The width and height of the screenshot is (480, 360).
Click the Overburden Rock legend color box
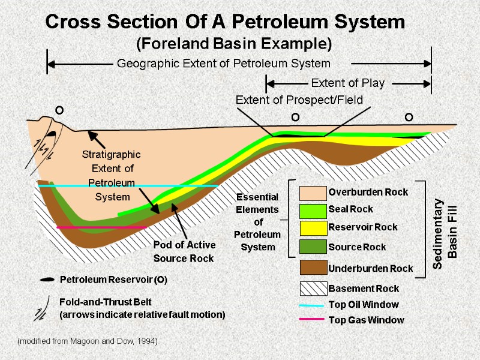312,193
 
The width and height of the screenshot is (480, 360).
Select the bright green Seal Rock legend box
312,210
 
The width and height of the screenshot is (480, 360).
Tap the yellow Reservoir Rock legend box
312,227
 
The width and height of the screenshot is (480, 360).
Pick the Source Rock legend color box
312,247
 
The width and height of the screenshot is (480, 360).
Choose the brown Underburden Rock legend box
312,268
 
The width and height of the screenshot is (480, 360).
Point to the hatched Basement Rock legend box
312,289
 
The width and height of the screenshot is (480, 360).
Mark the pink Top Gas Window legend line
312,320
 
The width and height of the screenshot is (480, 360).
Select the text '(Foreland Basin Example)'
234,44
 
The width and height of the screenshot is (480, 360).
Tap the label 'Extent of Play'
347,83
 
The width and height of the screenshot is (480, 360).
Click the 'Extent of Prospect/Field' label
299,100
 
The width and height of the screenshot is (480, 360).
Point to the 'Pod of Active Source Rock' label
184,251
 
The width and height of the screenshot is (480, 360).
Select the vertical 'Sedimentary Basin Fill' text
447,228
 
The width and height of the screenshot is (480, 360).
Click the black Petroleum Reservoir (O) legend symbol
46,280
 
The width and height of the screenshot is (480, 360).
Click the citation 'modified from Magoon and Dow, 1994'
88,341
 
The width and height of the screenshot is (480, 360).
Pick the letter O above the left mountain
59,111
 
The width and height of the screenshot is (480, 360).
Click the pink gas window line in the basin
102,227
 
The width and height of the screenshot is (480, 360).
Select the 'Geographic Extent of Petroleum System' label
223,63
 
